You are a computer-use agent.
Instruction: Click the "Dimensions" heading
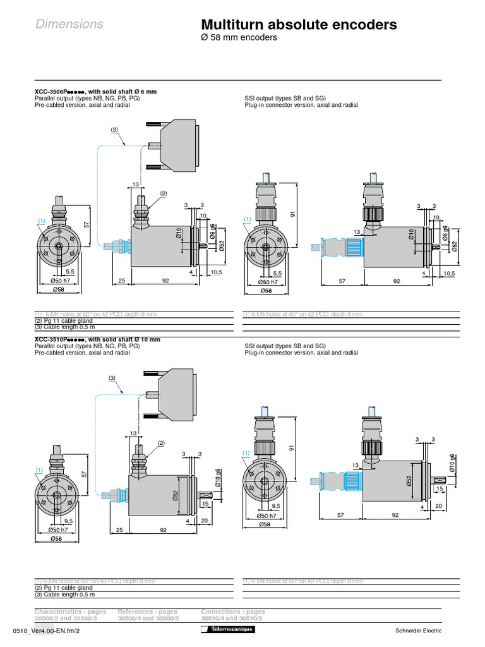tap(69, 25)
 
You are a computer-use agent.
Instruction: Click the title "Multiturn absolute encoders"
tap(299, 25)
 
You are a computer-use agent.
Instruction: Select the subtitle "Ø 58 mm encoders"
tap(239, 38)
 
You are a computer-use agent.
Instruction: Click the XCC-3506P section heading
tap(95, 92)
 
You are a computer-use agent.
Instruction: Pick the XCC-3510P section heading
tap(97, 339)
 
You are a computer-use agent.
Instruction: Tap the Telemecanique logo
tap(227, 631)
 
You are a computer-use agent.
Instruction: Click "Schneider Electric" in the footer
tap(418, 631)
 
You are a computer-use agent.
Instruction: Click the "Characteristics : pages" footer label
tap(70, 612)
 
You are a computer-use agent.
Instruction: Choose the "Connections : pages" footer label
tap(233, 612)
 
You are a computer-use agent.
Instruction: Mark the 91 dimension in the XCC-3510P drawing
tap(292, 447)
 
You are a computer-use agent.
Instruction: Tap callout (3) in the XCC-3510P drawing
tap(112, 378)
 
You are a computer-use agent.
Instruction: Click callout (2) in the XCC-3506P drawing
tap(162, 193)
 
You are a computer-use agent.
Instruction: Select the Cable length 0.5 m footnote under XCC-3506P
tap(64, 327)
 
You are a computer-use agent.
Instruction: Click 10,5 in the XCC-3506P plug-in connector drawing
tap(448, 273)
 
